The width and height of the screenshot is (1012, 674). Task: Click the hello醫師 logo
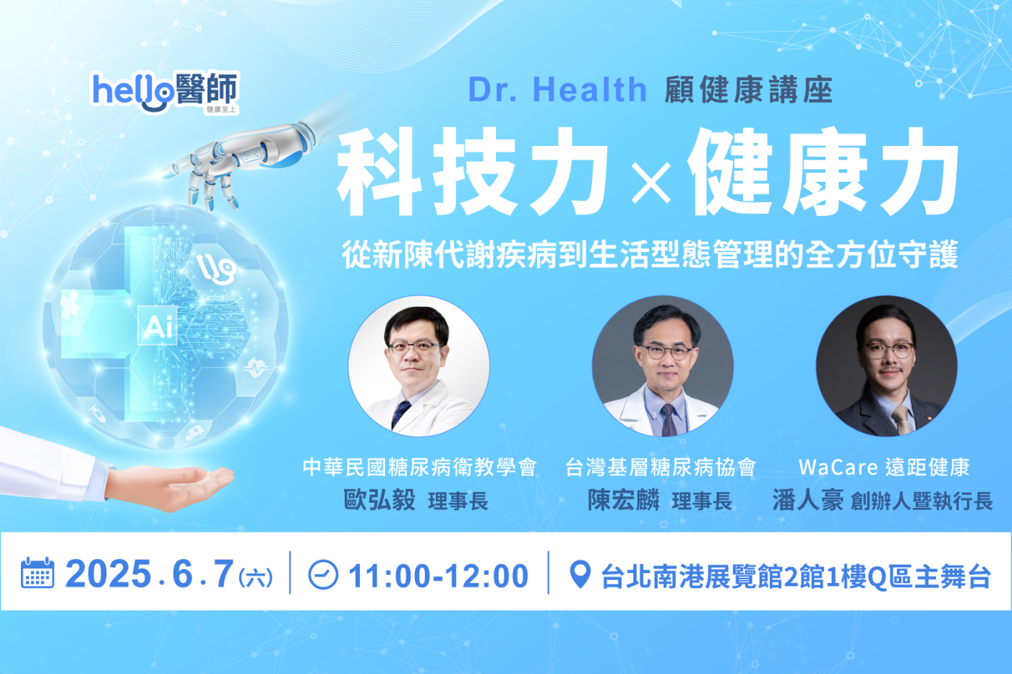165,92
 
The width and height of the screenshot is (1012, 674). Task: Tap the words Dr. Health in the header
557,90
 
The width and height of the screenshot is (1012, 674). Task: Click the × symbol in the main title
651,181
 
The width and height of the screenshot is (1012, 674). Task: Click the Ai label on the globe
158,327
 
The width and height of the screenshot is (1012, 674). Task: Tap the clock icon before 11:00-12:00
322,575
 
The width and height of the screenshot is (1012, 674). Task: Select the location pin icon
580,574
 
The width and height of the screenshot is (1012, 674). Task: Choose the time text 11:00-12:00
438,576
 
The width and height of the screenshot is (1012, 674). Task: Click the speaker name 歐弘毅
379,500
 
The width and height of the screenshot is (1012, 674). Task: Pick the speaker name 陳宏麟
623,500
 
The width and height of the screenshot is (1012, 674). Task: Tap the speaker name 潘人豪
807,500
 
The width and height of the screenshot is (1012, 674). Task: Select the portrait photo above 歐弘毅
419,366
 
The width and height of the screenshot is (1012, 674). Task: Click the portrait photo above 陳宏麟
663,366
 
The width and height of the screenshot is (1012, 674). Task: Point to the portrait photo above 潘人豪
886,366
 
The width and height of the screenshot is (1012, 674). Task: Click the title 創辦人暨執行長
922,501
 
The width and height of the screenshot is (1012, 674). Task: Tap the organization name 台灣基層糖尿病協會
660,467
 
